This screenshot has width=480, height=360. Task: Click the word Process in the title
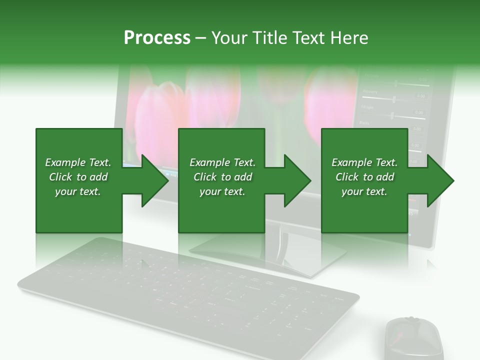pyautogui.click(x=157, y=38)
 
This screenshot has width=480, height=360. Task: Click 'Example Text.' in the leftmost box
pyautogui.click(x=78, y=162)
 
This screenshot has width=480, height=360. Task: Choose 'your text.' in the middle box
pyautogui.click(x=222, y=191)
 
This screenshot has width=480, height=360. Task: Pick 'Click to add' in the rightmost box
pyautogui.click(x=364, y=177)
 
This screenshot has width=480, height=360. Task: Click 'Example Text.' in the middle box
pyautogui.click(x=222, y=162)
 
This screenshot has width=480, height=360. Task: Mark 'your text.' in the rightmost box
pyautogui.click(x=364, y=191)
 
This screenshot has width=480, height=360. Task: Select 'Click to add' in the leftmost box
pyautogui.click(x=78, y=177)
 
